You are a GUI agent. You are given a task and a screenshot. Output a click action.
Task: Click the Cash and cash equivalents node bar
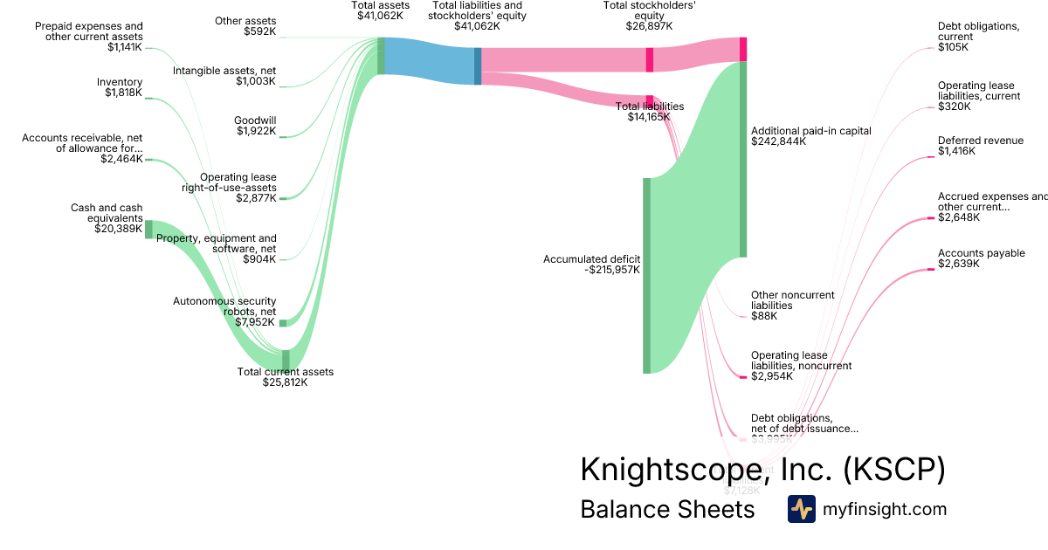[x=148, y=230]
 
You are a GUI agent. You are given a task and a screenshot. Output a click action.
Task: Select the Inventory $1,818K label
[x=120, y=87]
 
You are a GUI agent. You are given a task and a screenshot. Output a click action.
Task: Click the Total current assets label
[x=286, y=376]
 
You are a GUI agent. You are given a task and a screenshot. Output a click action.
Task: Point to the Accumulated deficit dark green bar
[x=647, y=275]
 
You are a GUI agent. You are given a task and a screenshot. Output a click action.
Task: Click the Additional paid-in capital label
[x=810, y=136]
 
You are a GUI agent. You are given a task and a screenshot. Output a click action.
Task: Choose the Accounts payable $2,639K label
[x=981, y=258]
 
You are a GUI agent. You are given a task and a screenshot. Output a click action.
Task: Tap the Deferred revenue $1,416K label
[x=980, y=146]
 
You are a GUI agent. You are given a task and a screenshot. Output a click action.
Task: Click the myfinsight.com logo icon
[x=801, y=509]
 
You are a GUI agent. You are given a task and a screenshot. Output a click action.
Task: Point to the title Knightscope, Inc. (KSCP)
[x=762, y=470]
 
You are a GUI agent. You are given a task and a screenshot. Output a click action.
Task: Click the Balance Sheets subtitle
[x=667, y=509]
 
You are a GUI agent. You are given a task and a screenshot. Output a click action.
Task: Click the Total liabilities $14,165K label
[x=649, y=111]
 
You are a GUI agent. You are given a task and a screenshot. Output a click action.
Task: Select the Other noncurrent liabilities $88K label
[x=792, y=306]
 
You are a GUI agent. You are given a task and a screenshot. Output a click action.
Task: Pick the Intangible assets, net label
[x=224, y=76]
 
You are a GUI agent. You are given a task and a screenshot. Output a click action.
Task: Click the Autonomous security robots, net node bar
[x=283, y=322]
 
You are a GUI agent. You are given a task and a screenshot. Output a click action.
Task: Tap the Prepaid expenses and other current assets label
[x=88, y=37]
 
